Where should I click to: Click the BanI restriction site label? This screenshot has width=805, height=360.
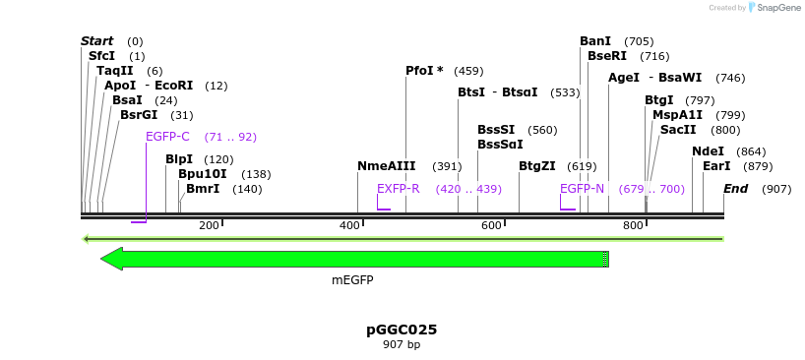coord(595,41)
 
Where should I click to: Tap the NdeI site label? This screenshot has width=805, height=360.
coord(708,151)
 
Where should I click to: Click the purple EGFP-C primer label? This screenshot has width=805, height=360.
coord(167,137)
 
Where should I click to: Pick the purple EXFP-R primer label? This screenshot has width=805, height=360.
coord(398,189)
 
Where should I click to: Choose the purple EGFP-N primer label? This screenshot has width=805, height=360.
coord(582,189)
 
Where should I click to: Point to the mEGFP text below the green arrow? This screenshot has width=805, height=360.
coord(352,280)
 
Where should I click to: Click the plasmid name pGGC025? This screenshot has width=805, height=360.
coord(402,330)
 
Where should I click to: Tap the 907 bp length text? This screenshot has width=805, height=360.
coord(402,344)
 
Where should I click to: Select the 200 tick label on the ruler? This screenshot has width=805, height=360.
coord(209,226)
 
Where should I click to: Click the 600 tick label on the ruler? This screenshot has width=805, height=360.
coord(491,226)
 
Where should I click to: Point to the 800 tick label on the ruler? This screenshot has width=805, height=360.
coord(633,226)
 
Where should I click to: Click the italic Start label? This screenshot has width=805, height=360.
coord(96,41)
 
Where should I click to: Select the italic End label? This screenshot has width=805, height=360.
coord(735,189)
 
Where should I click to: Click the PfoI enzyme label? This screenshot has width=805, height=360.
coord(424,71)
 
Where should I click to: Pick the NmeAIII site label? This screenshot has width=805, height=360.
coord(387,166)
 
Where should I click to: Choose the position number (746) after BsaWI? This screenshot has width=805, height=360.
coord(730,78)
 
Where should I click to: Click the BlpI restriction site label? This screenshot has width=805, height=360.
coord(179,159)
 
